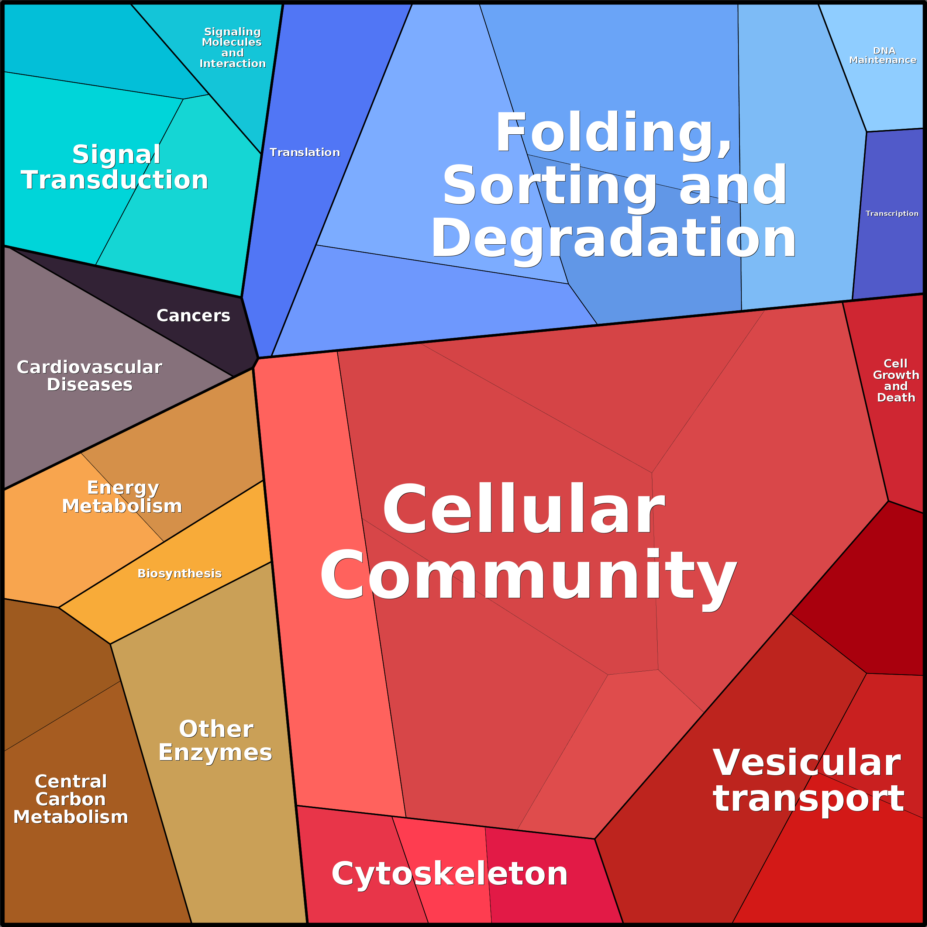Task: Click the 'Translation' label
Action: point(305,152)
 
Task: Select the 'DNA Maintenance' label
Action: point(883,55)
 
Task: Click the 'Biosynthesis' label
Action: point(179,573)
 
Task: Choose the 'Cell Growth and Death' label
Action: point(895,380)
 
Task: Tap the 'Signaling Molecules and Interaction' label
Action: point(232,48)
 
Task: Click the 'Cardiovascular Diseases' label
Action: point(90,376)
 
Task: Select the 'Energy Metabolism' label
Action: point(123,497)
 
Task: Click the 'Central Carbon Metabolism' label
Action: point(71,799)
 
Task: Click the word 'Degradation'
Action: point(614,238)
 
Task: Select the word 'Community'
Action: point(528,575)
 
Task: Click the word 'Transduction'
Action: point(115,180)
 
